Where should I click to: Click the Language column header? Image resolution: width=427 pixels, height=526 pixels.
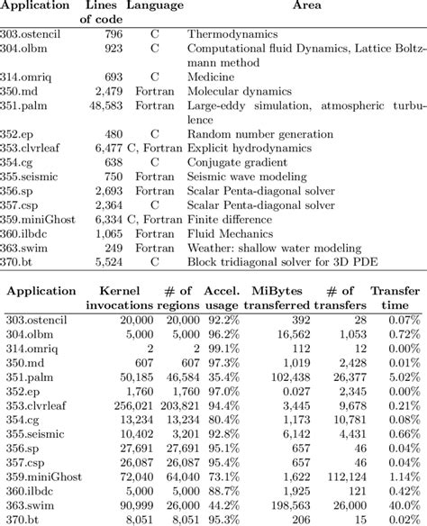155,5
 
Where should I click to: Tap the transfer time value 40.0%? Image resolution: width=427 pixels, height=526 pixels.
402,506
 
